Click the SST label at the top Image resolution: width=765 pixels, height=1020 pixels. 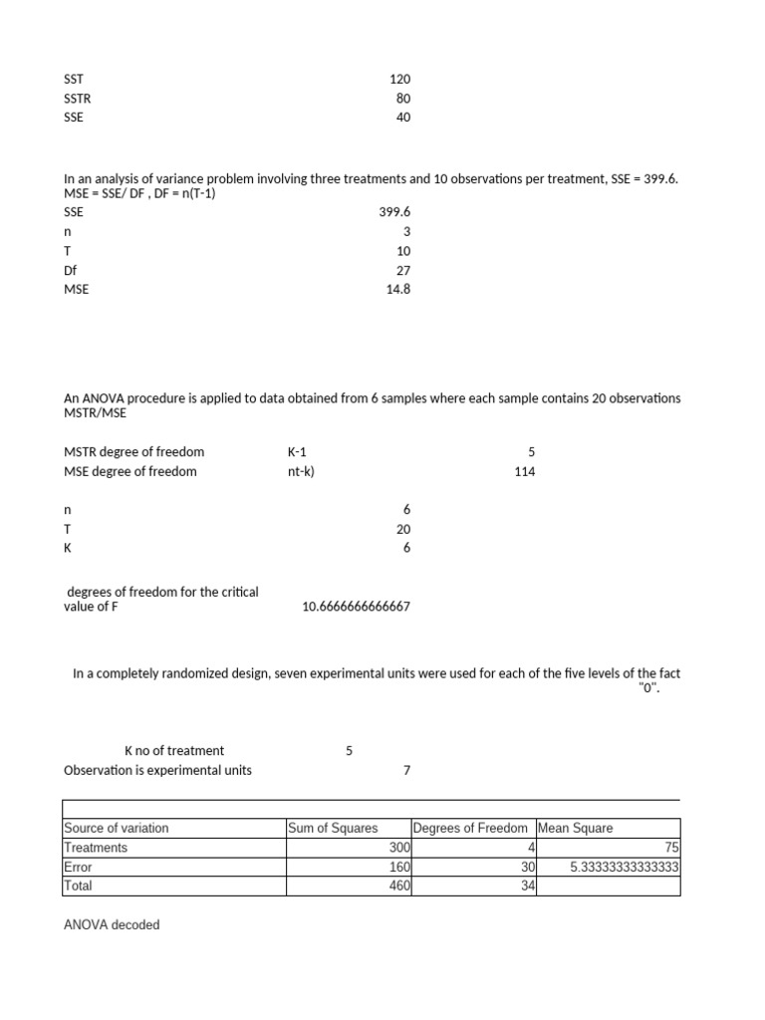[74, 79]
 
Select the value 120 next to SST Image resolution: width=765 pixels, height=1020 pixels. [399, 79]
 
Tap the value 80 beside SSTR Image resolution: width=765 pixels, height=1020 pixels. [402, 98]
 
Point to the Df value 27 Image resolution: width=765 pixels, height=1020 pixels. [402, 270]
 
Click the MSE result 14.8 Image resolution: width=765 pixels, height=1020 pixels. [397, 289]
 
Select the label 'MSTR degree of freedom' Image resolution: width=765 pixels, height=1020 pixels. [133, 452]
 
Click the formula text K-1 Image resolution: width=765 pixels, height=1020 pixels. [297, 452]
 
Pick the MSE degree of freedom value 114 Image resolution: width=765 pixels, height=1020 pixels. [524, 471]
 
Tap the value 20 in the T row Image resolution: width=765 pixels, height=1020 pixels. [402, 529]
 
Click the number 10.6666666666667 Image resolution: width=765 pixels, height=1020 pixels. [356, 607]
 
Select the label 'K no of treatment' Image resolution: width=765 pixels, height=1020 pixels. [174, 750]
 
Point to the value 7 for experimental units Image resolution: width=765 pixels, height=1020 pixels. [405, 770]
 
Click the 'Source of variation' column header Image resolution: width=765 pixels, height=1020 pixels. [117, 828]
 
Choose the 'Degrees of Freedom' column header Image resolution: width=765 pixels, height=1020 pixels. [470, 828]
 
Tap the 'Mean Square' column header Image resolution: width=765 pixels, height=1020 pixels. [576, 828]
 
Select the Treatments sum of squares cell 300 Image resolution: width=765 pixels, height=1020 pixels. [399, 848]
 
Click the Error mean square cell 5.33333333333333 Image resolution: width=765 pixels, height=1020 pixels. [625, 867]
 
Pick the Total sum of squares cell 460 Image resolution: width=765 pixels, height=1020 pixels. [399, 886]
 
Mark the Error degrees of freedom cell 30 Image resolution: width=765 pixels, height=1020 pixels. [528, 867]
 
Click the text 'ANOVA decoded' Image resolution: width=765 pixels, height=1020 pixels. [112, 924]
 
